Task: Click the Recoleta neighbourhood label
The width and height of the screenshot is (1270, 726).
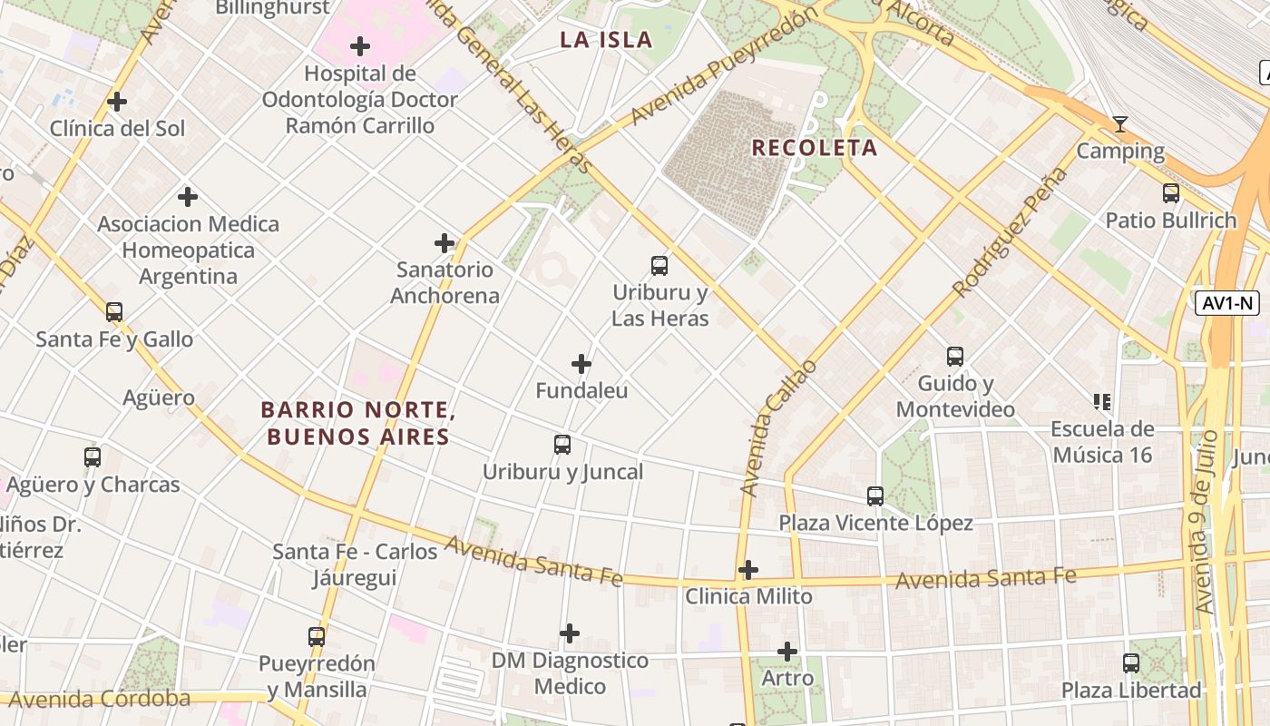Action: click(815, 148)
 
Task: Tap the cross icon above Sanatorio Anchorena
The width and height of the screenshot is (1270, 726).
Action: click(444, 243)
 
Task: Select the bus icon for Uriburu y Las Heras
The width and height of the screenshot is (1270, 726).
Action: click(659, 266)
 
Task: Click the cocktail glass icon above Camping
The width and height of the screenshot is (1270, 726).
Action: click(1120, 124)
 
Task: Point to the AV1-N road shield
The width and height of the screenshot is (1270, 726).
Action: click(1228, 303)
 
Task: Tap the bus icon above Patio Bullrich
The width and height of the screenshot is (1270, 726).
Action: click(1171, 193)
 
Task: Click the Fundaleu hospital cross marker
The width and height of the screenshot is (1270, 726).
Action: click(581, 365)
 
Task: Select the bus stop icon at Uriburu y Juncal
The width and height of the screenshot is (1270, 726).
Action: click(562, 445)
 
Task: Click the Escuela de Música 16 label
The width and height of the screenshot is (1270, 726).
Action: click(1101, 441)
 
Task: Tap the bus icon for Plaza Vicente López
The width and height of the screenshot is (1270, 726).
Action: click(875, 496)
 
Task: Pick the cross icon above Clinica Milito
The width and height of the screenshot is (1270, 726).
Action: click(748, 570)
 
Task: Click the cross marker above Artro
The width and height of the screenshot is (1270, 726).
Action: click(787, 652)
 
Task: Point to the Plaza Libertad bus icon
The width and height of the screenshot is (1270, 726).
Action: click(1131, 663)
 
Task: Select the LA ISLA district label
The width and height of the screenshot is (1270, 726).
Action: click(606, 40)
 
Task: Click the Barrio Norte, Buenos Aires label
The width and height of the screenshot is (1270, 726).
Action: click(357, 424)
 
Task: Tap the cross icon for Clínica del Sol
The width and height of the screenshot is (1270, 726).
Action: click(117, 102)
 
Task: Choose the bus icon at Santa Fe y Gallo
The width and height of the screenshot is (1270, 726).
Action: click(114, 312)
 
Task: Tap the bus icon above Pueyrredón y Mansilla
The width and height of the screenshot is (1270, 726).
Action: click(317, 637)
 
